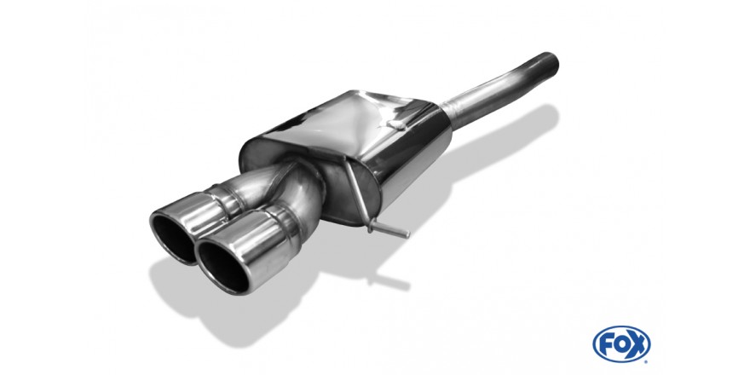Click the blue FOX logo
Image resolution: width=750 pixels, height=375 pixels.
coord(621,344)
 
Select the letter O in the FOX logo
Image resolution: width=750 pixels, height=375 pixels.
coord(621,344)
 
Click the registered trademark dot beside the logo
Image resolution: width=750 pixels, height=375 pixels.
coord(646,361)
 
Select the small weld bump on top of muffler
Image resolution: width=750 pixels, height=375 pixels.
coord(395,124)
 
